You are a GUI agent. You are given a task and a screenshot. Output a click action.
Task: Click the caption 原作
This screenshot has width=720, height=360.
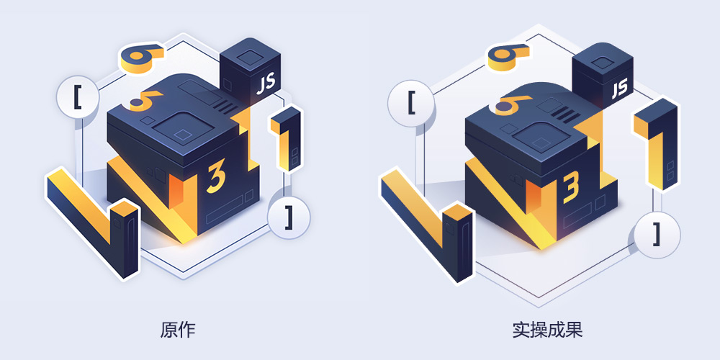[178, 330]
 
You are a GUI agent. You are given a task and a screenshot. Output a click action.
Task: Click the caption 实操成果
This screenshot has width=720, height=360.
[547, 330]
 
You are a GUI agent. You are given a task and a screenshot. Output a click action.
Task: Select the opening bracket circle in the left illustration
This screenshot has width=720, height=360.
[77, 98]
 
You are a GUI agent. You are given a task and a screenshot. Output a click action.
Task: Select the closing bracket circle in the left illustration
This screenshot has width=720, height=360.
[289, 217]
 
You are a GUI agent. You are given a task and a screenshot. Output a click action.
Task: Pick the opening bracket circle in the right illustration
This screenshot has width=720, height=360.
[411, 103]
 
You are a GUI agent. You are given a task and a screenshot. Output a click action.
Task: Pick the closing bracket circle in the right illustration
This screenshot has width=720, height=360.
[657, 235]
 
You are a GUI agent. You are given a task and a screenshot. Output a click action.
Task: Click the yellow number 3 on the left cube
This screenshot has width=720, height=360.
[216, 178]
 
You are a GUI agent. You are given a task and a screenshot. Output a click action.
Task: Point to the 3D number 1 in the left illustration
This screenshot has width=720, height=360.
[286, 139]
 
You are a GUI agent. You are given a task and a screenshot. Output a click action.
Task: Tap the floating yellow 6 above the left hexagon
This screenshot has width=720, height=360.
[142, 58]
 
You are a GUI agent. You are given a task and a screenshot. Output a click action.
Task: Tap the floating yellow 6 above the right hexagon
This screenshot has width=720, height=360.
[508, 56]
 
